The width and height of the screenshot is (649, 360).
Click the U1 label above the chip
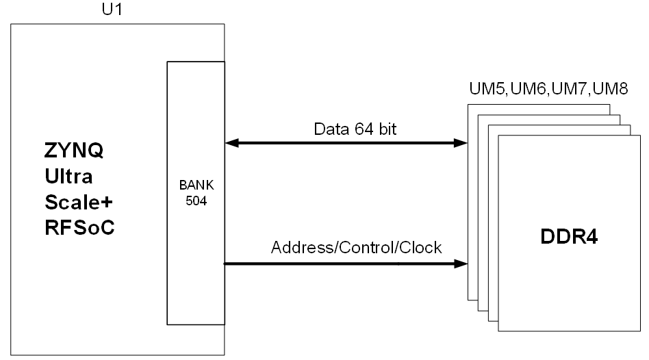[112, 9]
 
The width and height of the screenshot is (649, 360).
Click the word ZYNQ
[74, 150]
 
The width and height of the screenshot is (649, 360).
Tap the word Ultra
[68, 177]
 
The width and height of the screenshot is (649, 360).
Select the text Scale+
[79, 203]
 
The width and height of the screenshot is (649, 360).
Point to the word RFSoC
[79, 228]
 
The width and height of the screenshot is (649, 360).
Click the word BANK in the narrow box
[196, 185]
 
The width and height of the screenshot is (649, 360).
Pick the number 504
[196, 201]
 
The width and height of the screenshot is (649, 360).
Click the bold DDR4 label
[569, 237]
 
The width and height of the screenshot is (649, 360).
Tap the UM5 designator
[487, 88]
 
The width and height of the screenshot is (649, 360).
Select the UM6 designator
[529, 88]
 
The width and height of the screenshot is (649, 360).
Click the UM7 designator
[570, 88]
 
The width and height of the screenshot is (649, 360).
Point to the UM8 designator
[610, 88]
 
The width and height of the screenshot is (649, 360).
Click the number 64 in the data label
[364, 129]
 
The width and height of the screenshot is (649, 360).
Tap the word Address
[304, 248]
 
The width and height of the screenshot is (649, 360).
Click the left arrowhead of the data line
[232, 143]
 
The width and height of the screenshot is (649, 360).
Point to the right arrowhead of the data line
[461, 143]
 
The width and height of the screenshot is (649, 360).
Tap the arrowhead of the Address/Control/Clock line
[461, 263]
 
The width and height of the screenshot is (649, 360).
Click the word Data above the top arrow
[331, 129]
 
